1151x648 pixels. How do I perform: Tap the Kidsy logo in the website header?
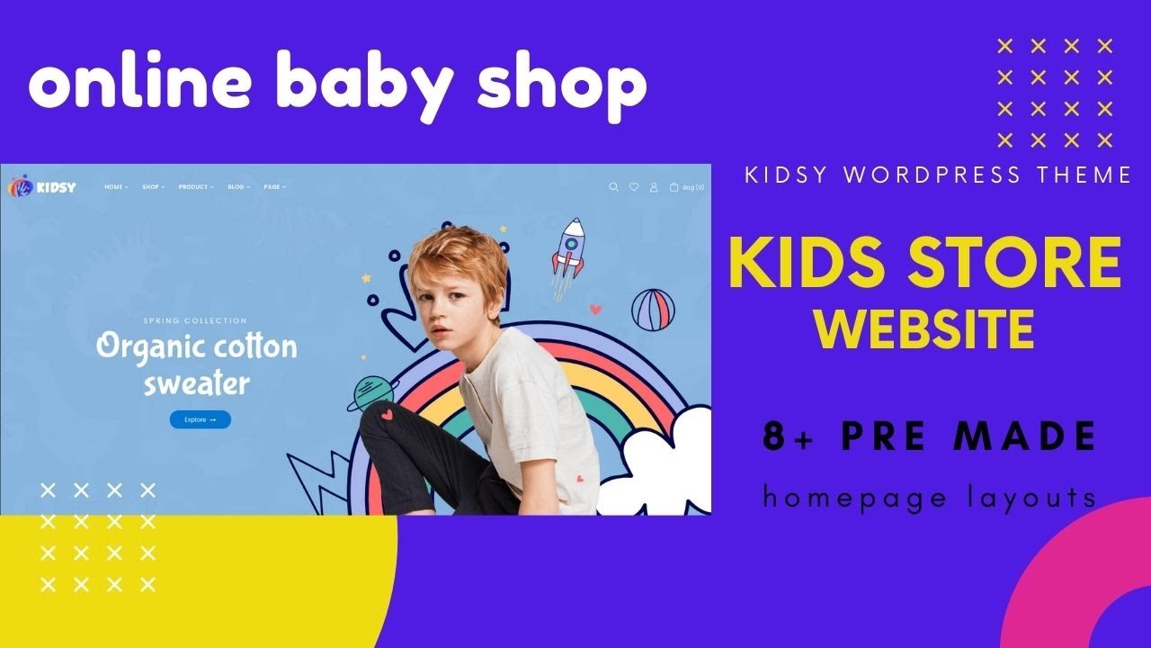point(42,187)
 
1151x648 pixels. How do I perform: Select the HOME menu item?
point(116,187)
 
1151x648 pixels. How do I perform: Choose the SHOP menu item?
point(154,187)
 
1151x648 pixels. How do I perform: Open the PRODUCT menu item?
point(196,187)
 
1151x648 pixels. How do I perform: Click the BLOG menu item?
point(239,187)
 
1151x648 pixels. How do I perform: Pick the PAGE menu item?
point(275,187)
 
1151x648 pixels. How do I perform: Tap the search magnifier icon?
point(613,187)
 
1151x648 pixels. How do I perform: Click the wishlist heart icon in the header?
point(634,187)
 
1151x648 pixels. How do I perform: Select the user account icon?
point(654,187)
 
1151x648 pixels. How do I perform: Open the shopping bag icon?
point(674,187)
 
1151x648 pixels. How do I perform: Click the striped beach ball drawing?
point(653,310)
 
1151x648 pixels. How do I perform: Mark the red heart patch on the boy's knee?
point(387,414)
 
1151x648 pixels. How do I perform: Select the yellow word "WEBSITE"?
point(925,328)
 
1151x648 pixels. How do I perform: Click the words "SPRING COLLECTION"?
point(195,321)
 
